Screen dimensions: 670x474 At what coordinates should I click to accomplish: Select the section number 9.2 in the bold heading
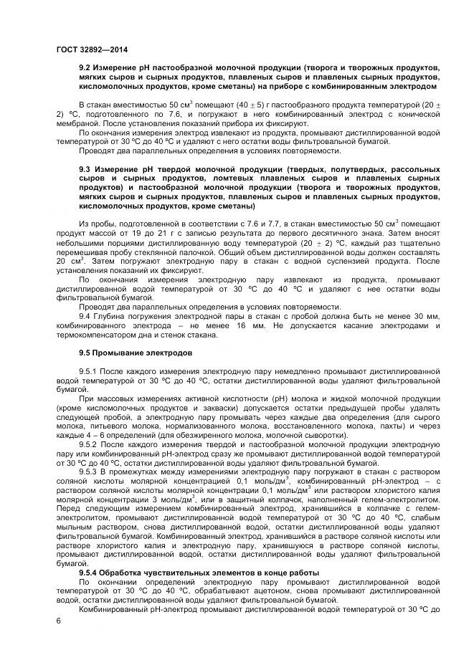(x=85, y=67)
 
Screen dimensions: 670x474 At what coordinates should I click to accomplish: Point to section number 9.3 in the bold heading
(x=85, y=169)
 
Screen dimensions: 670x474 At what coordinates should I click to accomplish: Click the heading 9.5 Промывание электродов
(x=135, y=353)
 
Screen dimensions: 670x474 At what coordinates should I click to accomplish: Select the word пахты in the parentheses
(x=398, y=426)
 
